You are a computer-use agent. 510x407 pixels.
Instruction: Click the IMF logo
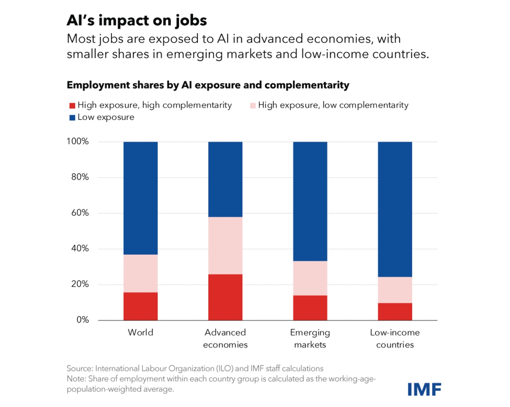point(424,389)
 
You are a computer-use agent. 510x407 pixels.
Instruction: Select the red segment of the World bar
point(140,306)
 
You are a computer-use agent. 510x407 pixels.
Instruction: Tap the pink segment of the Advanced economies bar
point(225,245)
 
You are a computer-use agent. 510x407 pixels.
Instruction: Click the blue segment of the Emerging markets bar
point(310,201)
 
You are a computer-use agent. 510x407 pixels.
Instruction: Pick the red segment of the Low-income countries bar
point(395,311)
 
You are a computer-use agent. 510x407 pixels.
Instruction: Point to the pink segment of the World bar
point(140,273)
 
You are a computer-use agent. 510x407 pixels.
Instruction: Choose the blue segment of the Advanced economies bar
point(225,179)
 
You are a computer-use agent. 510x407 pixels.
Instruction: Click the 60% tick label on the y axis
point(80,213)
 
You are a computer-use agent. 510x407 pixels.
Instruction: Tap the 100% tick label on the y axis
point(78,141)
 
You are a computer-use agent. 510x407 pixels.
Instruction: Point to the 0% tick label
point(82,320)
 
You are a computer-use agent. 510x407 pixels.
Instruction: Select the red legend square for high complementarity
point(72,106)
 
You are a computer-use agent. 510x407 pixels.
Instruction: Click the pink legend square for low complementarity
point(253,106)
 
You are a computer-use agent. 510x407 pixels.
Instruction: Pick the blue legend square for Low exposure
point(72,118)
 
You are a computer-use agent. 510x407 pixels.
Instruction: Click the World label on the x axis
point(140,333)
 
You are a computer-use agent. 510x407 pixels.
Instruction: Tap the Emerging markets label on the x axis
point(310,338)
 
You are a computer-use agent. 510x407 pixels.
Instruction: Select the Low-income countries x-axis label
point(395,338)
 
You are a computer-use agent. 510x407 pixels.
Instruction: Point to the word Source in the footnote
point(79,369)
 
